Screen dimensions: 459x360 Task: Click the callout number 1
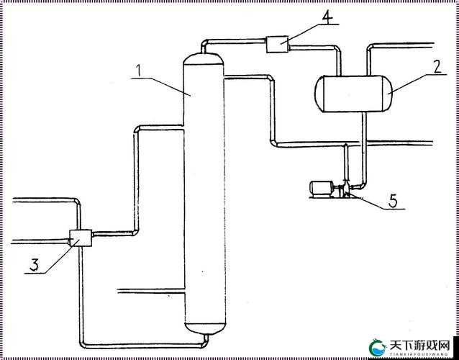point(139,70)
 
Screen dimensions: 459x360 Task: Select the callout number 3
point(34,265)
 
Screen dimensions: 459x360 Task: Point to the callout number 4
point(327,17)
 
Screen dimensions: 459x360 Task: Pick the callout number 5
point(393,201)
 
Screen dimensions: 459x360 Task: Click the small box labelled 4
point(277,44)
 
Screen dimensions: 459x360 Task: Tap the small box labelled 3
point(81,238)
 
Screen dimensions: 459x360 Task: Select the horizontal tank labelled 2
point(353,94)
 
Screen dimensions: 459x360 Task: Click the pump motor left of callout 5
point(321,189)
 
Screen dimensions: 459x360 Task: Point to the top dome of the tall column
point(203,58)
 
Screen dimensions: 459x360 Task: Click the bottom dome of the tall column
point(205,328)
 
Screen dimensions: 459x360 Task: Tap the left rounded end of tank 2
point(319,94)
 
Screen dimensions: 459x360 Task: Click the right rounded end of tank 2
point(388,94)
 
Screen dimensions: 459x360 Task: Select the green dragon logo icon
point(377,348)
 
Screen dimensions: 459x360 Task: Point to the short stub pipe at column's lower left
point(151,291)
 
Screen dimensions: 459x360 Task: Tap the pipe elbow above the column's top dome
point(204,42)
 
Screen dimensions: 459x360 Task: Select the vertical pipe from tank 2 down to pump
point(364,149)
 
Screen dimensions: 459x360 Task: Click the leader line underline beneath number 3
point(35,274)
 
